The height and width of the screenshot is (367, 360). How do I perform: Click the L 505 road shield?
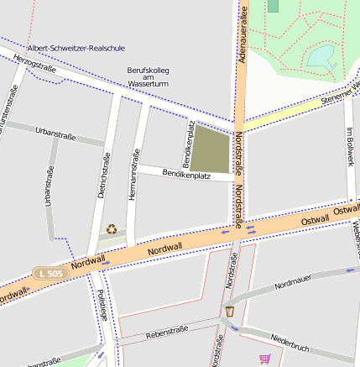click(50, 274)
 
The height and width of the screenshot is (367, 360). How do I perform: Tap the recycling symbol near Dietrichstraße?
click(112, 228)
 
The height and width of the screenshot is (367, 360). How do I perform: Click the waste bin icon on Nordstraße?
click(229, 312)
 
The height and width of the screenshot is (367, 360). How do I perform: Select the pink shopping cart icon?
click(265, 359)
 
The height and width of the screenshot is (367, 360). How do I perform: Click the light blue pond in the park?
click(322, 57)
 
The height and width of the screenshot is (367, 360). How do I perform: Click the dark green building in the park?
click(273, 6)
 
